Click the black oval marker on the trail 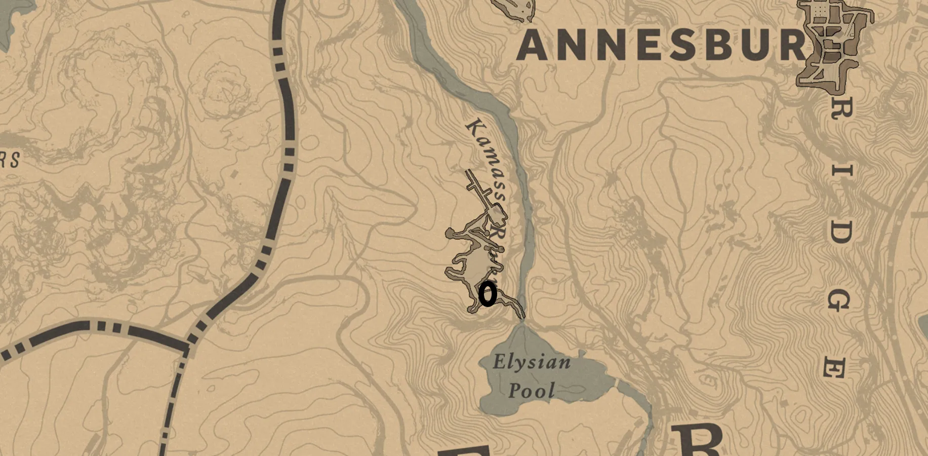[x=488, y=294]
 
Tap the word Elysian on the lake [x=532, y=362]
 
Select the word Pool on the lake [x=532, y=391]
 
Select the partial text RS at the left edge [x=10, y=160]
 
